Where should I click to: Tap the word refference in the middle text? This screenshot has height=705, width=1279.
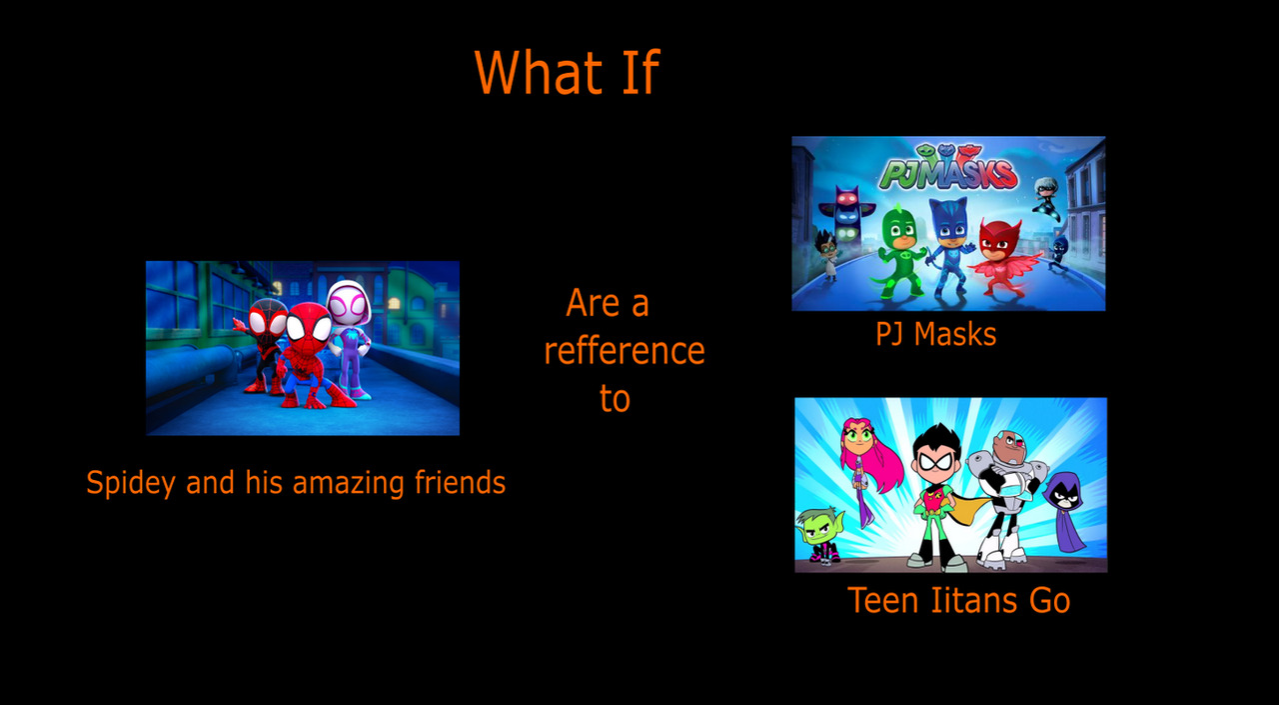point(625,350)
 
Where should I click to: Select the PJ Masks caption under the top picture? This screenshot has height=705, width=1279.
point(936,334)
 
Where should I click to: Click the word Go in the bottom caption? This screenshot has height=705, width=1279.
point(1049,600)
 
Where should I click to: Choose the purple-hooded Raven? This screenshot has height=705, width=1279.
point(1066,510)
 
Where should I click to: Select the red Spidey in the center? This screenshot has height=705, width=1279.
point(311,355)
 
